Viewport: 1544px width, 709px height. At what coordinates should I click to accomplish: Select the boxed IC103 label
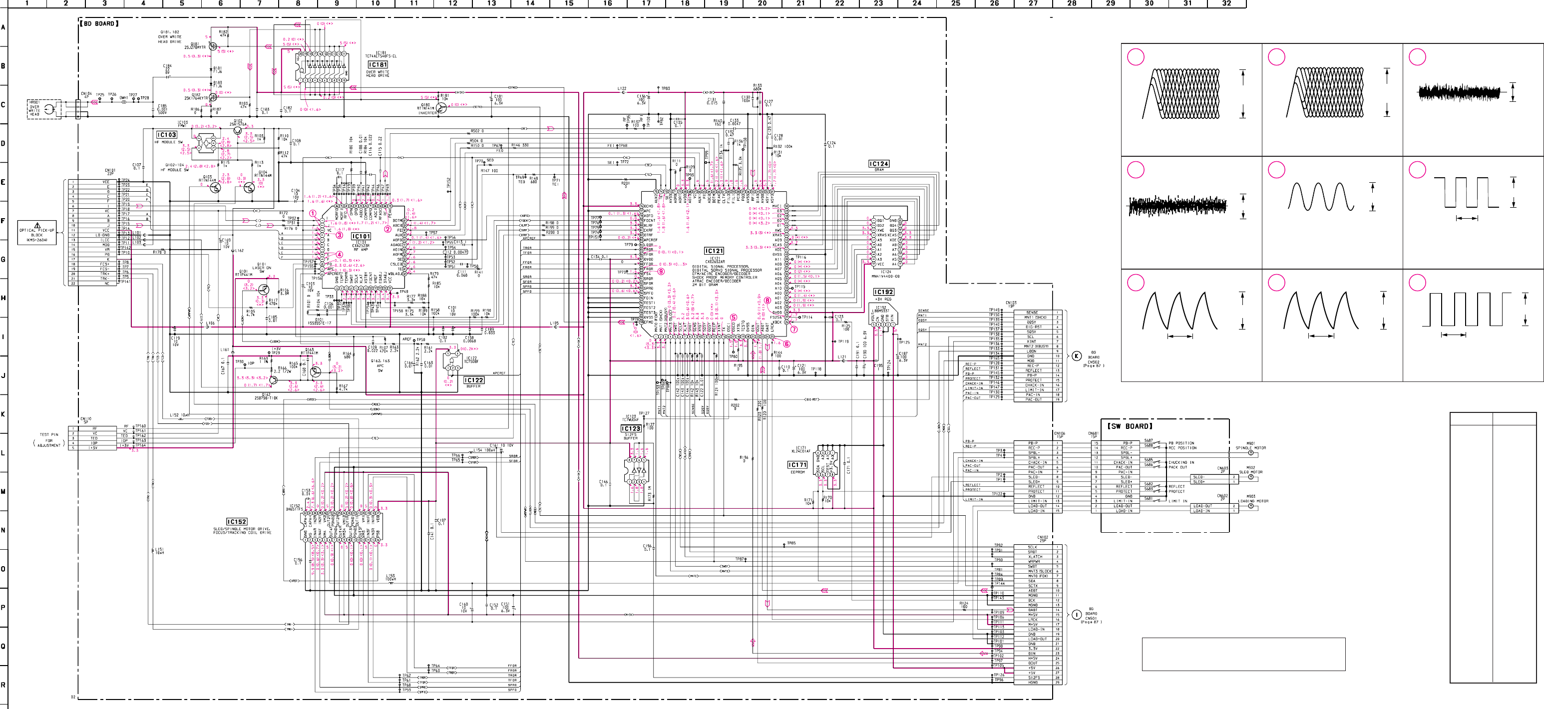[x=167, y=135]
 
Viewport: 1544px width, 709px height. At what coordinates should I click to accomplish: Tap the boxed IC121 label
[x=714, y=251]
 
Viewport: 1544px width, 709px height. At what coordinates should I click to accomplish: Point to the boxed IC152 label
[x=237, y=522]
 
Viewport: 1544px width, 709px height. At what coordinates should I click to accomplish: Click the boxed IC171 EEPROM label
[x=797, y=465]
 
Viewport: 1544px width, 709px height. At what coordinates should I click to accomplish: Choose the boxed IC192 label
[x=883, y=292]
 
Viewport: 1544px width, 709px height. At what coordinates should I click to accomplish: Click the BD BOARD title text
[x=99, y=24]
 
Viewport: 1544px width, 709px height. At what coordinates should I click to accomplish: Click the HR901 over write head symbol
[x=49, y=108]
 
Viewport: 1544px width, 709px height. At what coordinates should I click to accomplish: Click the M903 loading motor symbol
[x=1250, y=506]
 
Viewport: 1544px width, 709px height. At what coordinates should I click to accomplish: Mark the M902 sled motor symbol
[x=1250, y=477]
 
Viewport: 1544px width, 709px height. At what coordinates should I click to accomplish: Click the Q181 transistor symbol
[x=213, y=46]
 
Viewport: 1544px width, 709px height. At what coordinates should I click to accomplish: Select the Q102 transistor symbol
[x=239, y=130]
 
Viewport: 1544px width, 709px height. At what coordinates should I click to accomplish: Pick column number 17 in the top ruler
[x=646, y=3]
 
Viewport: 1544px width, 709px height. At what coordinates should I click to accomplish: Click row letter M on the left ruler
[x=3, y=491]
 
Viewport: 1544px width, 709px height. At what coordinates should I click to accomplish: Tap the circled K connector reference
[x=1077, y=356]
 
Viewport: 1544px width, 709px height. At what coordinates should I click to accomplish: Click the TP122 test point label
[x=996, y=494]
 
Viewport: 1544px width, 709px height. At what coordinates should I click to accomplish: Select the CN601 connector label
[x=1093, y=434]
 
